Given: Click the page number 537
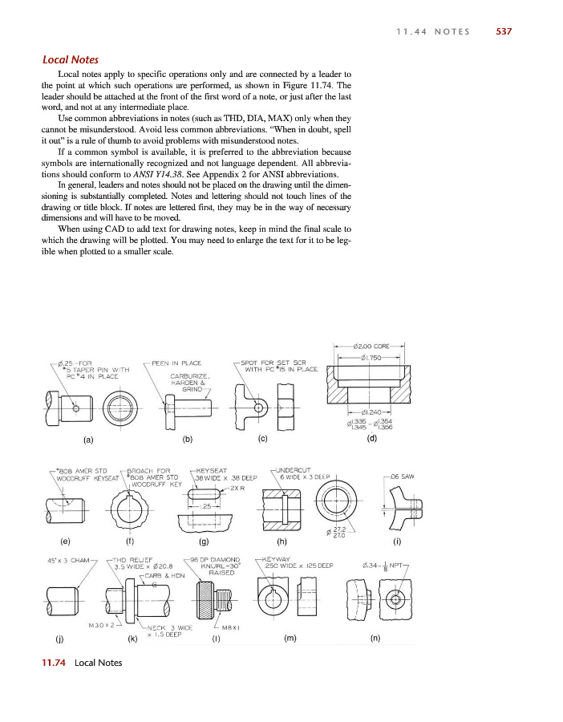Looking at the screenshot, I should point(504,31).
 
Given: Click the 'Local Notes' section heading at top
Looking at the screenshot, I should point(71,60).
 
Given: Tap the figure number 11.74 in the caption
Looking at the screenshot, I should point(54,663).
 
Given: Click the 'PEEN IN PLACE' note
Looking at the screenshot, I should point(176,363).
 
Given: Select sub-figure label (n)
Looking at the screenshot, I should point(375,639).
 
